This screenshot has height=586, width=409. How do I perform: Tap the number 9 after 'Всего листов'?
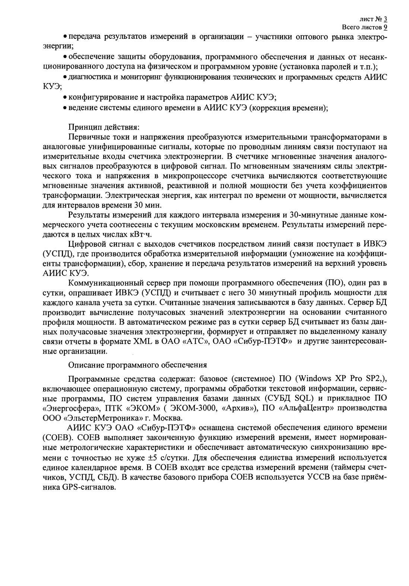pyautogui.click(x=386, y=27)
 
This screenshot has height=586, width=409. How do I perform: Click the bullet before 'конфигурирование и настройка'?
pyautogui.click(x=65, y=98)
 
